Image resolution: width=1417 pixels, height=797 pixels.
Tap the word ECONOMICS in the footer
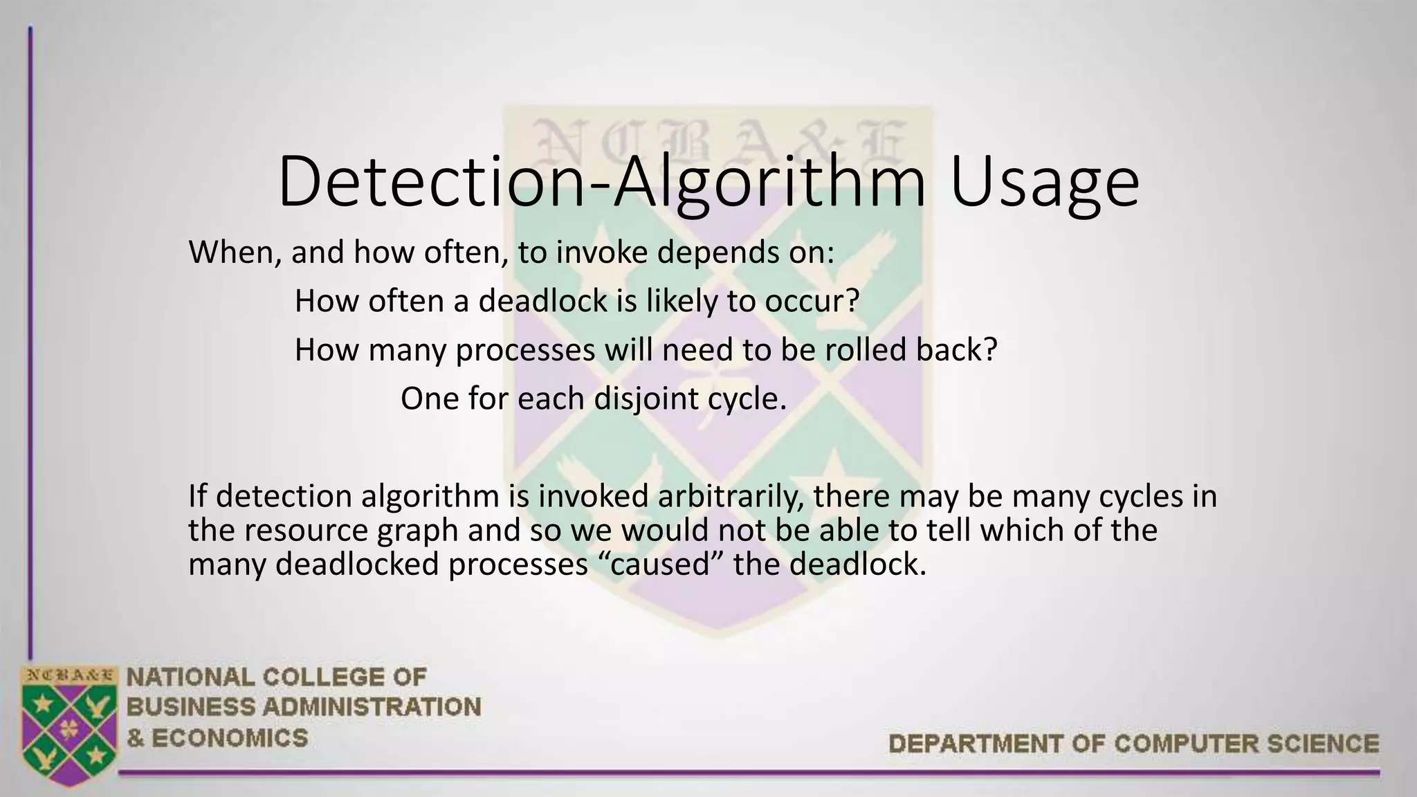[x=230, y=738]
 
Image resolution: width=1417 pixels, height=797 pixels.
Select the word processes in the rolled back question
[x=525, y=350]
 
